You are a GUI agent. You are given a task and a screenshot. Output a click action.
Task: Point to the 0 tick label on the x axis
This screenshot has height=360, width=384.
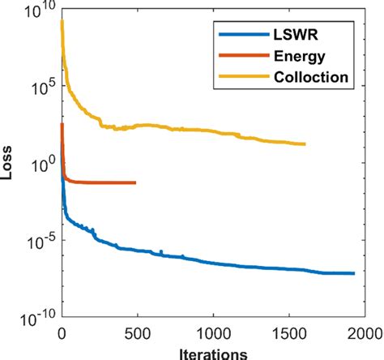pos(62,333)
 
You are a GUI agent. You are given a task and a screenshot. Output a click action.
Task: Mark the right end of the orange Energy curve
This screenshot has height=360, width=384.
pos(135,182)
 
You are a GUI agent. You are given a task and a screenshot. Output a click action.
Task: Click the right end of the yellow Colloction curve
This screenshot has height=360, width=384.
pos(305,144)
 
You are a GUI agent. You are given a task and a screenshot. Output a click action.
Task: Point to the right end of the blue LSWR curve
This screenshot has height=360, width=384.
pos(354,273)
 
